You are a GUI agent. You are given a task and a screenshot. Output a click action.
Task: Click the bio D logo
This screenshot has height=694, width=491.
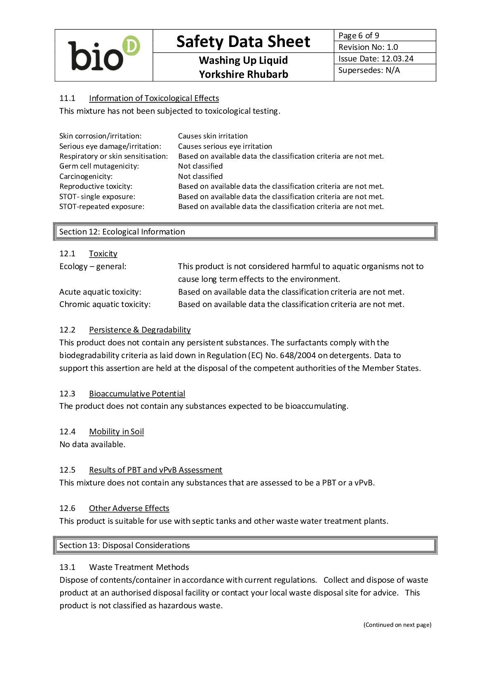(x=104, y=55)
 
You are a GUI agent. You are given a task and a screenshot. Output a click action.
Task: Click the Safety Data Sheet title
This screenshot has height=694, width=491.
(x=243, y=42)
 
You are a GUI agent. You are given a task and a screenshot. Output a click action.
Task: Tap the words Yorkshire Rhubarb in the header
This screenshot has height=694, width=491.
(x=243, y=75)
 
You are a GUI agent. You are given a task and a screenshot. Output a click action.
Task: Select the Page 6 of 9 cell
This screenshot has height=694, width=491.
(x=359, y=35)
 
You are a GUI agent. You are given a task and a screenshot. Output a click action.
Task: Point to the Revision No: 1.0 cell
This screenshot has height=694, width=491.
(x=368, y=47)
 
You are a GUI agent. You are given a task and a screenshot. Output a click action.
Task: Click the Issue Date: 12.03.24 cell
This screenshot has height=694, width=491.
(x=376, y=59)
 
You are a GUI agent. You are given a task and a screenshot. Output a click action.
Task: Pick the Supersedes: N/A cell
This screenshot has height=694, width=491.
(x=369, y=70)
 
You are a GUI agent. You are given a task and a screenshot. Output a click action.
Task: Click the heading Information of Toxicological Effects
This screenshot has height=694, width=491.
(x=154, y=98)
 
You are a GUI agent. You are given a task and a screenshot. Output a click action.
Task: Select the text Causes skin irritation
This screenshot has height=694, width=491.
(x=213, y=136)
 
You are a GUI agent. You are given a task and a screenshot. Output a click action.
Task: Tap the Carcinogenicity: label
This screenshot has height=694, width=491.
(x=86, y=176)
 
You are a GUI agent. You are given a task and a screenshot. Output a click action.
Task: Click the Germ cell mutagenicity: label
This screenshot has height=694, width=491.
(x=99, y=166)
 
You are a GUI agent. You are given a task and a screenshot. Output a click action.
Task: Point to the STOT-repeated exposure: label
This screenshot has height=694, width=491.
(x=102, y=206)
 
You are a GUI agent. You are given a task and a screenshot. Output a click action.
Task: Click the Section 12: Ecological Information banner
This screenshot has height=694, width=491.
(x=122, y=232)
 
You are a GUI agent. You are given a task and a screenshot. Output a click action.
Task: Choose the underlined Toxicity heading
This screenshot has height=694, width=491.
(x=103, y=253)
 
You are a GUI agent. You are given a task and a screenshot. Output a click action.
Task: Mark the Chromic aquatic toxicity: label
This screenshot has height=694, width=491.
(x=105, y=304)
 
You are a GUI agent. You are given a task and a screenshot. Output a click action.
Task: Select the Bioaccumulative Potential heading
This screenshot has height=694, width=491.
(x=137, y=394)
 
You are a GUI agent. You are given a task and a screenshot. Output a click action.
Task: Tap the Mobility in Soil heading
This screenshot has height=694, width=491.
(x=116, y=431)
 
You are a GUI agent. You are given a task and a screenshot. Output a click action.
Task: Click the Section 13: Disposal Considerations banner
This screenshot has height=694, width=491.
(x=125, y=545)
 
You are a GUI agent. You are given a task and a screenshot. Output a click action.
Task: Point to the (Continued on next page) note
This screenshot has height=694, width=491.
(x=397, y=625)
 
